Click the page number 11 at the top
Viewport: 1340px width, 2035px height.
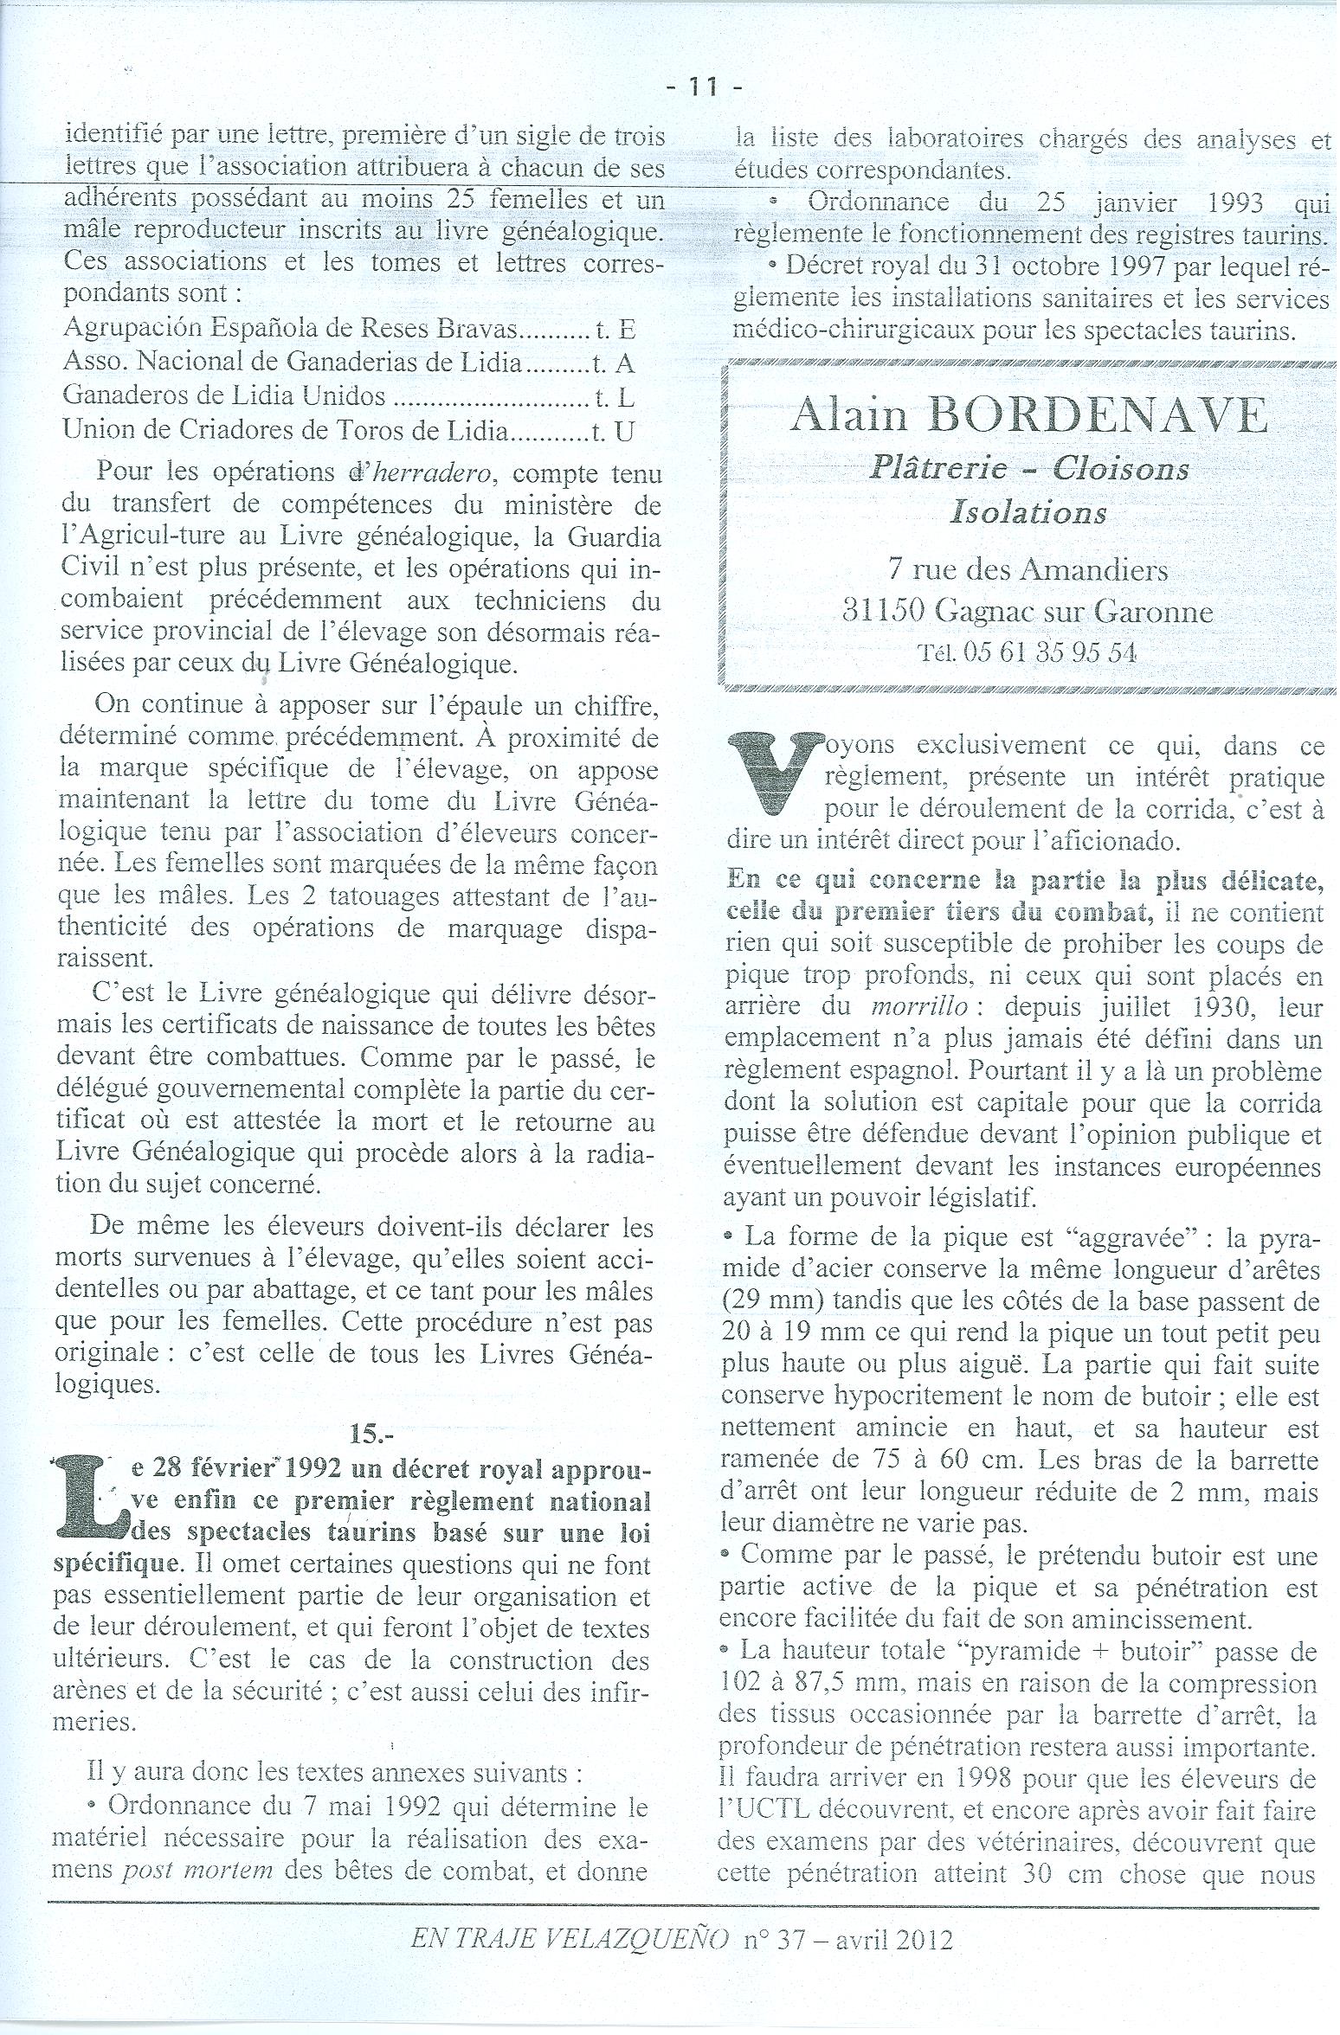[703, 87]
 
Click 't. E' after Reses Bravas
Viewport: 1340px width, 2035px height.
[615, 329]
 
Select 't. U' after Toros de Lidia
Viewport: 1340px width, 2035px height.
[612, 431]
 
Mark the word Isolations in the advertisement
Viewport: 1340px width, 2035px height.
[1028, 512]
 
